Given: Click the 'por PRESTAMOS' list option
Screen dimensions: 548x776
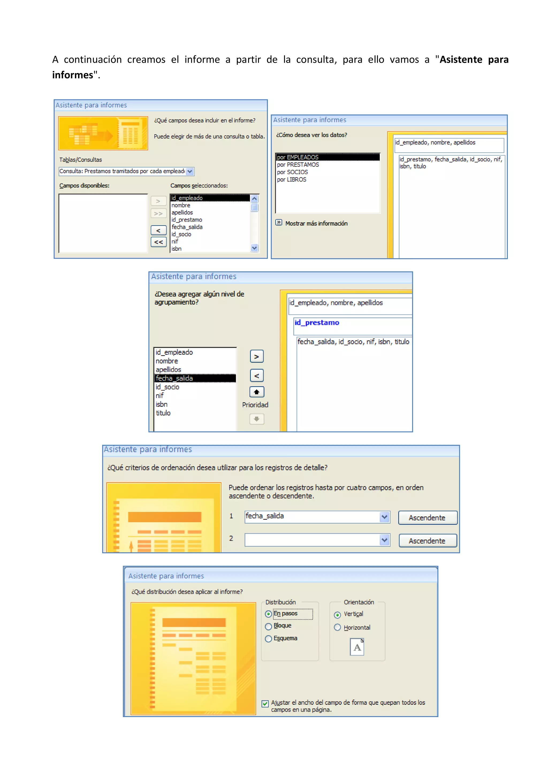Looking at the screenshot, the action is (298, 164).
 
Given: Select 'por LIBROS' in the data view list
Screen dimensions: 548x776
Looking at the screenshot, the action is (291, 179).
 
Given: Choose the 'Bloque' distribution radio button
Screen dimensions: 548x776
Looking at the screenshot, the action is (268, 626).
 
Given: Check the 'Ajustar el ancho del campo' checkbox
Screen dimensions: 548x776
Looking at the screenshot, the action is (265, 703).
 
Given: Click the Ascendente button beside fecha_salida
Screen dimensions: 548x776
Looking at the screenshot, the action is (428, 518).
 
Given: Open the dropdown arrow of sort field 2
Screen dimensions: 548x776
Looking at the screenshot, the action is (384, 540).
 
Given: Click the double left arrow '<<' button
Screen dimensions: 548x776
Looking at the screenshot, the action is (158, 242).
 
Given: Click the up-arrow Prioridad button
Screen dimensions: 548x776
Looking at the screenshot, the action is (257, 392).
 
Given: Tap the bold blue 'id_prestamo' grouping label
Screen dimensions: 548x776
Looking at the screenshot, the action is (317, 323).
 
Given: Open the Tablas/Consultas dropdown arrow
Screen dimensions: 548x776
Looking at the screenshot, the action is (190, 171).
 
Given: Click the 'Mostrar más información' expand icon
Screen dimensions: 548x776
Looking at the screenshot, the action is (279, 222).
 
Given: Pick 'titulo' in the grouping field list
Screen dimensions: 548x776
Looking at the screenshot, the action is (163, 413).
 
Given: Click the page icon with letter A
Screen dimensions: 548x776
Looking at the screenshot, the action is (357, 647).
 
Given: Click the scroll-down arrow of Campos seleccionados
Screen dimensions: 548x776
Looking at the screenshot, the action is (254, 248).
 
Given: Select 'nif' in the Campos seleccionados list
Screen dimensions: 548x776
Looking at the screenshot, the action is (174, 241).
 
